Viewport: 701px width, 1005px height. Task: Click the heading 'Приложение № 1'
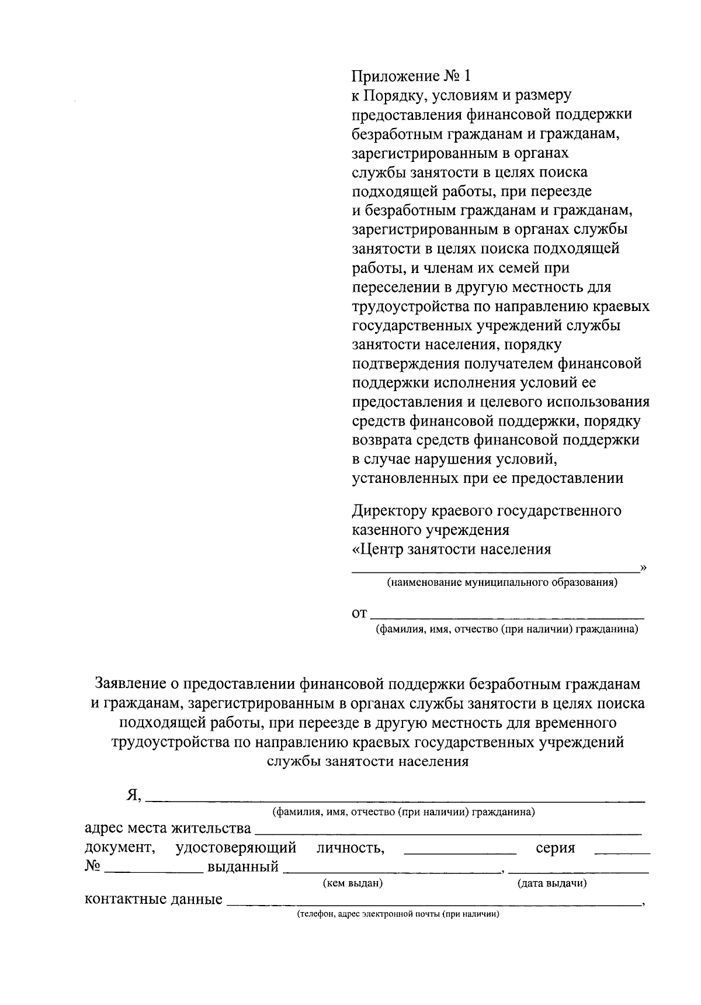click(411, 76)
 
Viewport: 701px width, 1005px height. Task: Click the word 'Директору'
click(388, 511)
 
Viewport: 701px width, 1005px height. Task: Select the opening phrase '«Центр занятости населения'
click(452, 550)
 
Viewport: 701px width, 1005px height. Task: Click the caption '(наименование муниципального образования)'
click(501, 583)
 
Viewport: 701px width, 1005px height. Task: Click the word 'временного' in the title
click(577, 723)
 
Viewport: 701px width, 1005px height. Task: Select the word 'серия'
click(555, 848)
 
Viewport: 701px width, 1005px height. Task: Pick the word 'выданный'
click(243, 867)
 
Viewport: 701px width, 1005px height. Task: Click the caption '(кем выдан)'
click(352, 884)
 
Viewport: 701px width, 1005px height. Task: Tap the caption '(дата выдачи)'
click(552, 884)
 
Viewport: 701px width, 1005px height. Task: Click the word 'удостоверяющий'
click(236, 848)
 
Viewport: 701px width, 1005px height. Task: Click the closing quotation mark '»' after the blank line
click(643, 567)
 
